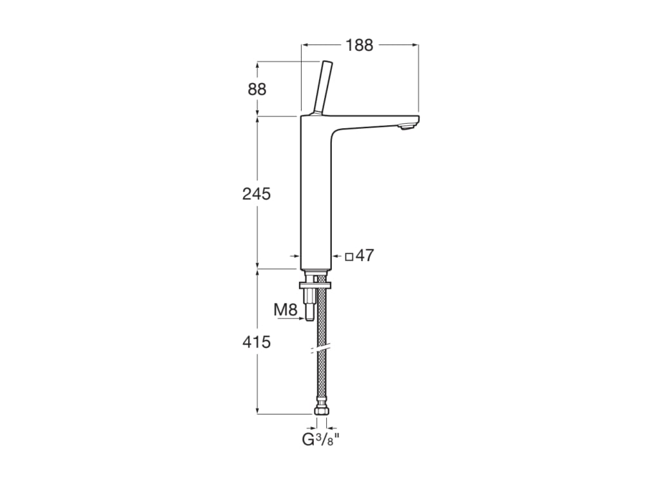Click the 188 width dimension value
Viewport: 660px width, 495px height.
pos(359,44)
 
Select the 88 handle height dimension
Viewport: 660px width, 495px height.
pos(257,89)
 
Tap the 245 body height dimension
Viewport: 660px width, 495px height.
pos(257,194)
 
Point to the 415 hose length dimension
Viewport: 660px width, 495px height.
pos(257,342)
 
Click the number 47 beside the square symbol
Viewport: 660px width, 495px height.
pos(365,255)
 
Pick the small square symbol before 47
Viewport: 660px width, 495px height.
pos(349,256)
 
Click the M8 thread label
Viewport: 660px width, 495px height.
pos(286,310)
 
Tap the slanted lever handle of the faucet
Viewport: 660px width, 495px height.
pos(322,88)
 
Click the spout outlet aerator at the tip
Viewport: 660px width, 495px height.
pos(407,127)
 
